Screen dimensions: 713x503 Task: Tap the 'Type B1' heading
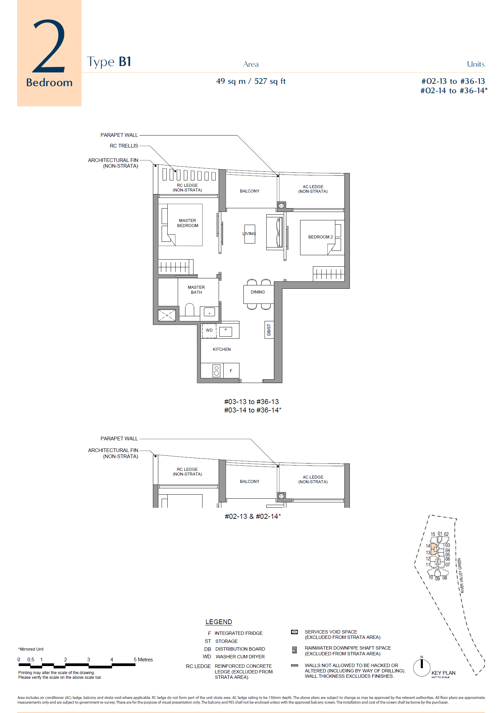pos(109,62)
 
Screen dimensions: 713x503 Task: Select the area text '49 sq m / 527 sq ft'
pos(250,81)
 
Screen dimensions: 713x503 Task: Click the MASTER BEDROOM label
pos(187,223)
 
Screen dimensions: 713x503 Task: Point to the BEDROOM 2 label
pos(320,237)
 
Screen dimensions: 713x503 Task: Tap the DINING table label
pos(258,292)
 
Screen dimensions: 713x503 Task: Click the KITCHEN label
pos(221,349)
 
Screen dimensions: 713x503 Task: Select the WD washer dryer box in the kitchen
pos(209,330)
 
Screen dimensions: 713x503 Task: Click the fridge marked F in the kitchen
pos(231,371)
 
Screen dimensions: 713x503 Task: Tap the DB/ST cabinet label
pos(269,330)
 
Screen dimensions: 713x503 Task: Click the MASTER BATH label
pos(196,290)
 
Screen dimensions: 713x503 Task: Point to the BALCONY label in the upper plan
pos(249,191)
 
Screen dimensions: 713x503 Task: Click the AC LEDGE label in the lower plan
pos(313,479)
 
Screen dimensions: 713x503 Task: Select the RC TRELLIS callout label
pos(124,146)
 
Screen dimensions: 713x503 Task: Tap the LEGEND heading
pos(219,622)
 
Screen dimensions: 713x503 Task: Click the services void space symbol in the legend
pos(294,632)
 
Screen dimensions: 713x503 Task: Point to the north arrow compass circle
pos(422,667)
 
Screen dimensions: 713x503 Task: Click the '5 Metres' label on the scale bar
pos(143,659)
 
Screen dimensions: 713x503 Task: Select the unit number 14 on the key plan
pos(428,546)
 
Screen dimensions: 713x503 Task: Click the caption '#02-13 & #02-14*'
pos(253,516)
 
